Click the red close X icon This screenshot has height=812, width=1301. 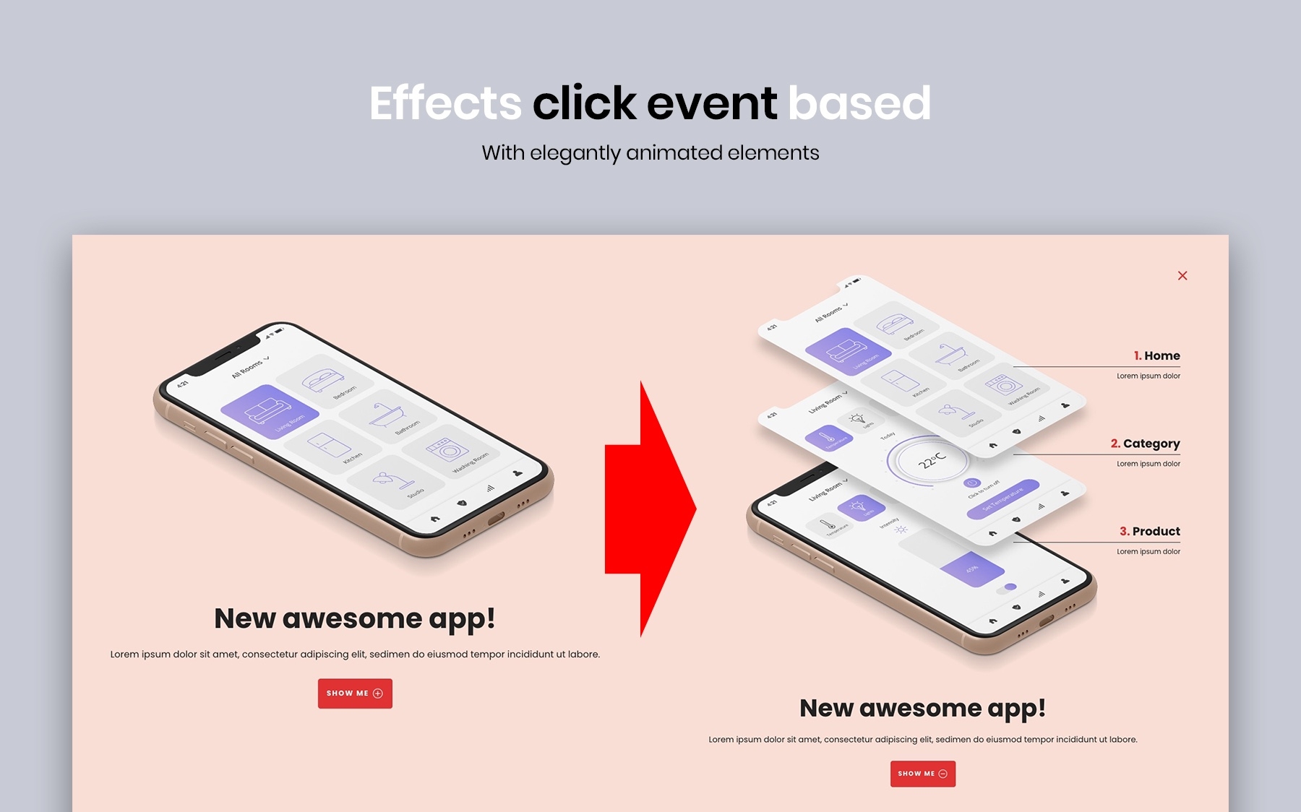(1182, 275)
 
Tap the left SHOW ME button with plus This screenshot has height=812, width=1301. (355, 694)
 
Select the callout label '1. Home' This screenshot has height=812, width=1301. (1156, 355)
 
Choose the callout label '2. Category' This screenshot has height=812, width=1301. (1145, 444)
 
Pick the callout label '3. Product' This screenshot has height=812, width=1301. (1149, 531)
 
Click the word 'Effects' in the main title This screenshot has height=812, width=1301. (445, 103)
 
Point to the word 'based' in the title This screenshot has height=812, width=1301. (859, 103)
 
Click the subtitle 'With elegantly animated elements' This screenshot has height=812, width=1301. (650, 153)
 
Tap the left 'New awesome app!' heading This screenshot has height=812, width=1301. (355, 618)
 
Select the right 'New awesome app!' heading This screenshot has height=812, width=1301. (922, 708)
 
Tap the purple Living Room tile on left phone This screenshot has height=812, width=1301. (270, 412)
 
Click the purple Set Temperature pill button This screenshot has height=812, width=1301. (1003, 499)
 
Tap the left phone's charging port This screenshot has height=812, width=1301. (497, 519)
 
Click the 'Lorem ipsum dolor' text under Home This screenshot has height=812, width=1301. (1148, 376)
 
